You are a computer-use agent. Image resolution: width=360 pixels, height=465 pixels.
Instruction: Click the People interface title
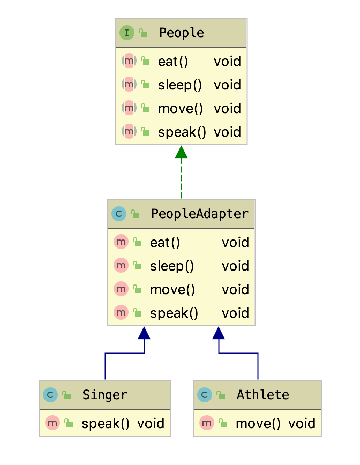[181, 33]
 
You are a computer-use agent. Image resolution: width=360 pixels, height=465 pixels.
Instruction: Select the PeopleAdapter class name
[199, 214]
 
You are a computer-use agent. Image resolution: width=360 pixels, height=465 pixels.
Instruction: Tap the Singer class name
[104, 395]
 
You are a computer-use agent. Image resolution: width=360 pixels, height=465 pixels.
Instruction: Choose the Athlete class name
[262, 395]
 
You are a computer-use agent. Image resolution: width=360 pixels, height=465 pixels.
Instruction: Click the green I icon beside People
[126, 33]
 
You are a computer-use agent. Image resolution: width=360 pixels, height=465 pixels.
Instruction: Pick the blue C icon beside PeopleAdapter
[118, 214]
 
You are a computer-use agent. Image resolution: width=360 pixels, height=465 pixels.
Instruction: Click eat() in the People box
[173, 62]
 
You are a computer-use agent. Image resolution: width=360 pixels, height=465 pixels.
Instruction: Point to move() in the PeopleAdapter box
[172, 290]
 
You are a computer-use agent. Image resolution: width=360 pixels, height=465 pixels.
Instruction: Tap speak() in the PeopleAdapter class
[174, 313]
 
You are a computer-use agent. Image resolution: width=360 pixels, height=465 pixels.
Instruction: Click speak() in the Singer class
[106, 424]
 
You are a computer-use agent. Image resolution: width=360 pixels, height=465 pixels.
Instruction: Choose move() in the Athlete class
[258, 424]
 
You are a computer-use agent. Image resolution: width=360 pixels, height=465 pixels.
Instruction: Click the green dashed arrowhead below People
[181, 152]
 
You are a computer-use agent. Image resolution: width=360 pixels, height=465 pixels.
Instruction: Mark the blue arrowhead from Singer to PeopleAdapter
[144, 333]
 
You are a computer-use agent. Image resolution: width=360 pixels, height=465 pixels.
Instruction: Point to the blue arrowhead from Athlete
[218, 333]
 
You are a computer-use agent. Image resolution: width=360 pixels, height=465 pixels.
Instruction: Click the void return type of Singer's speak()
[151, 424]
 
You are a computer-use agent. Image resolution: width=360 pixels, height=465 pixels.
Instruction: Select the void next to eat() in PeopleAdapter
[235, 243]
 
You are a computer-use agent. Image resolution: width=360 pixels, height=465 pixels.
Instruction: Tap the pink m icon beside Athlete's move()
[207, 423]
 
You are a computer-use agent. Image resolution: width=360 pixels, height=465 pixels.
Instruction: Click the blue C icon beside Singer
[50, 395]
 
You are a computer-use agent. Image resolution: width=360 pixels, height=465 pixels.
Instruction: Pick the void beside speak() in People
[227, 132]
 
